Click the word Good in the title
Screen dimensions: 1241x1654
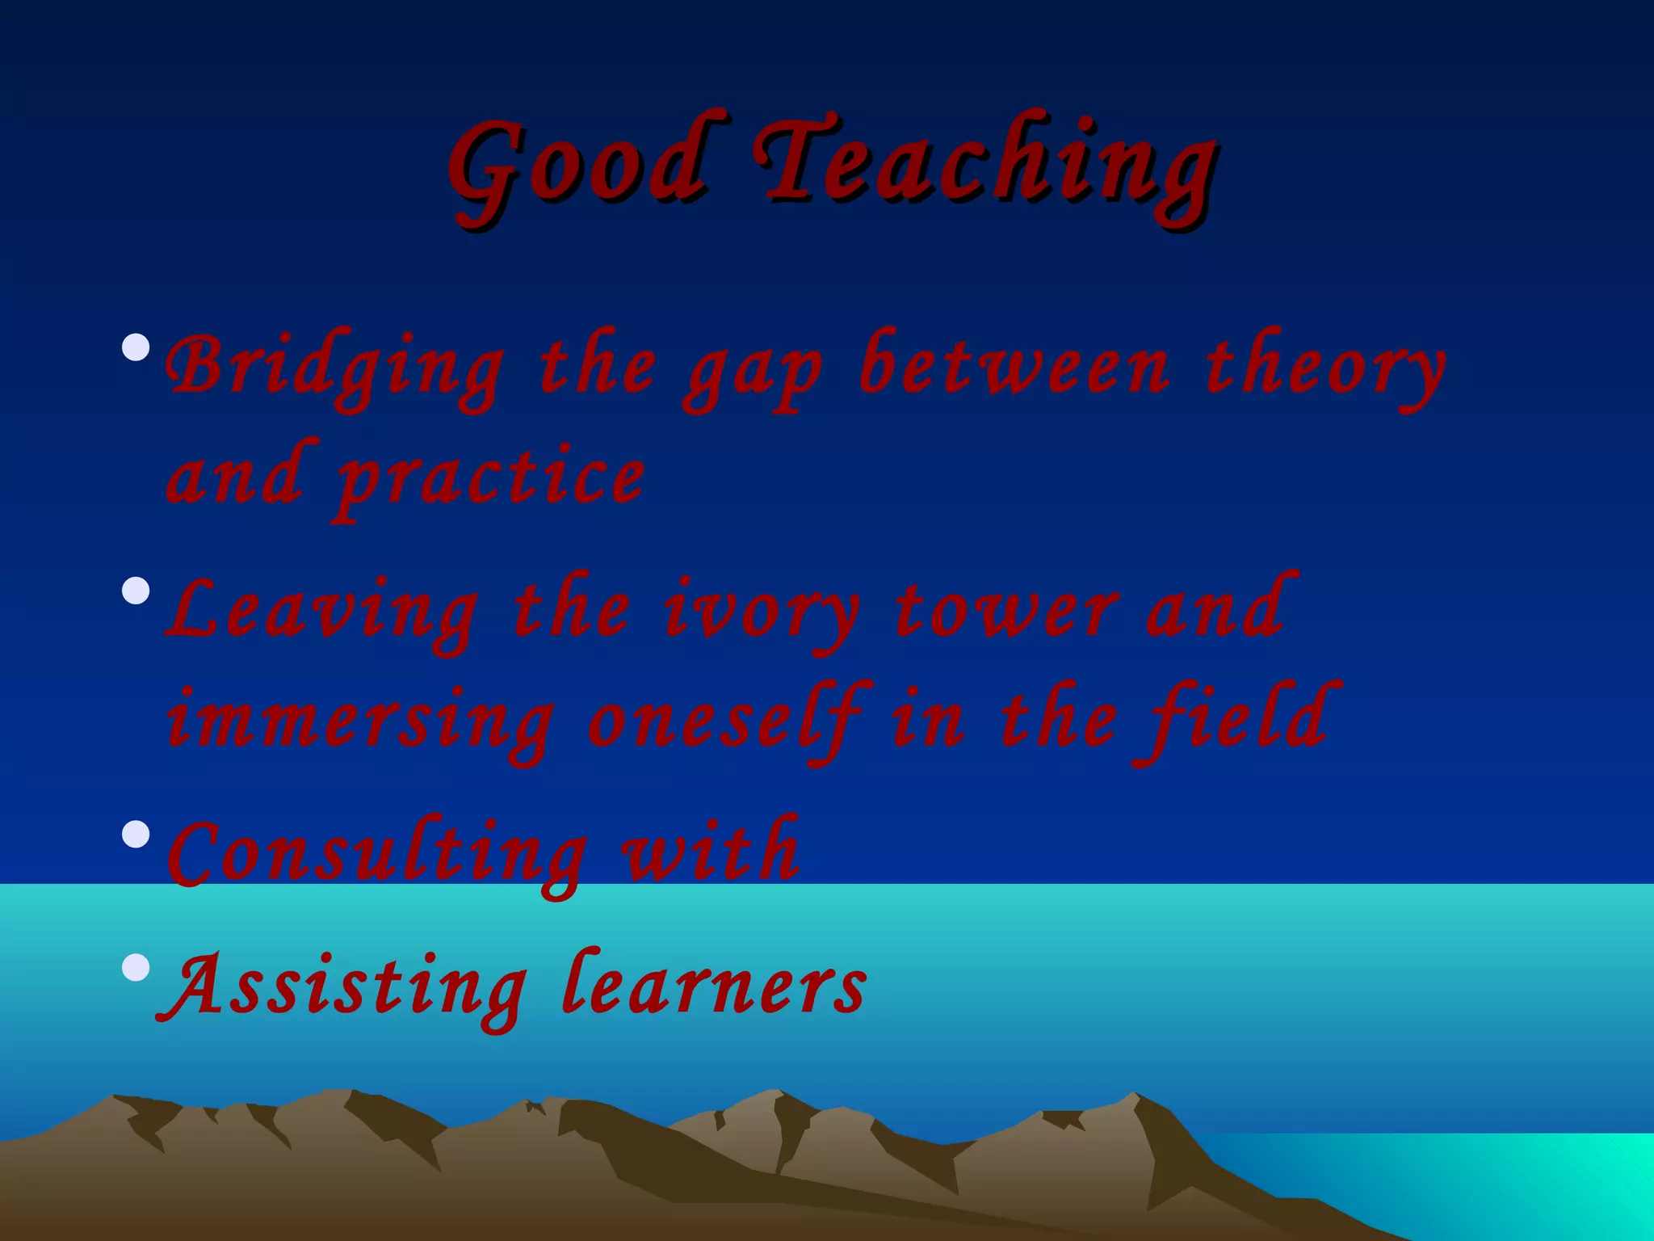coord(577,166)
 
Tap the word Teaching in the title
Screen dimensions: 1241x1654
coord(985,166)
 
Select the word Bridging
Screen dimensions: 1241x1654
coord(335,368)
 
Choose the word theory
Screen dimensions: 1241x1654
coord(1324,368)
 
